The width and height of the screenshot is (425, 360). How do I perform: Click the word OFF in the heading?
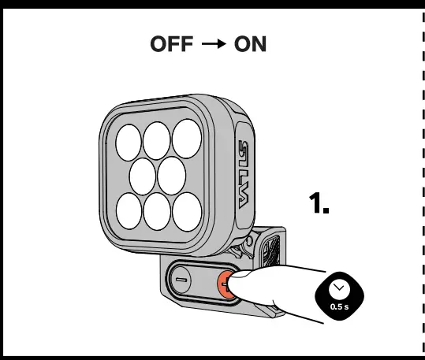click(x=173, y=45)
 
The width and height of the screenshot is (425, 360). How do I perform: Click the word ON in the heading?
click(x=251, y=45)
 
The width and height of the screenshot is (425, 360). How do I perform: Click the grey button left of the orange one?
click(x=181, y=280)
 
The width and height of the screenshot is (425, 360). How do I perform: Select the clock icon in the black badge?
click(x=339, y=288)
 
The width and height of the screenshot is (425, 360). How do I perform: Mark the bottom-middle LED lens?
click(x=158, y=210)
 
